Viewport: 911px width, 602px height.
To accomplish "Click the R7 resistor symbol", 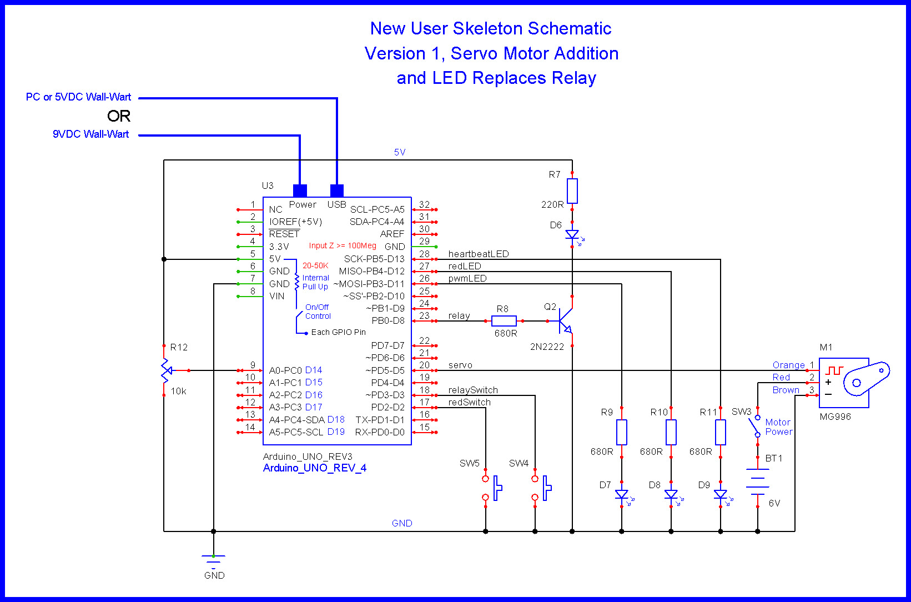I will tap(572, 191).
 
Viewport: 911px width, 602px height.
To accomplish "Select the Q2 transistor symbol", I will tap(565, 321).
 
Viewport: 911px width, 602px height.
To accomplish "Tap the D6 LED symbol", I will tap(572, 235).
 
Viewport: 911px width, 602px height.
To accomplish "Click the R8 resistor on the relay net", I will tap(504, 321).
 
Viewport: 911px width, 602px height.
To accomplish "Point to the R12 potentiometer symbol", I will tap(165, 370).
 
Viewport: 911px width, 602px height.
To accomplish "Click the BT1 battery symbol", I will tap(758, 481).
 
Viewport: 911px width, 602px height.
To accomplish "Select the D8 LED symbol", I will tap(671, 494).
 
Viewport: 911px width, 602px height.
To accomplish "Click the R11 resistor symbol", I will tap(721, 432).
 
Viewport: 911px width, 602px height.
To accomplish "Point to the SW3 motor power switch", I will tap(756, 427).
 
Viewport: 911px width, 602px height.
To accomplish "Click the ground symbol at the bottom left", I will tap(214, 558).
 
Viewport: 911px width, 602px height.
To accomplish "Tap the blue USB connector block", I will tap(337, 190).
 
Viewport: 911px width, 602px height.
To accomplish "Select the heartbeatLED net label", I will tap(479, 254).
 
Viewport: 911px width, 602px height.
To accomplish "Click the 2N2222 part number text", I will tap(547, 347).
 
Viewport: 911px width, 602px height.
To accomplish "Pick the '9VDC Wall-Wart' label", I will tap(91, 134).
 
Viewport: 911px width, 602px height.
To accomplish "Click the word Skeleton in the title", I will tap(487, 28).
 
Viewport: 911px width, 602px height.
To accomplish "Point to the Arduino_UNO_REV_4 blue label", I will tap(315, 468).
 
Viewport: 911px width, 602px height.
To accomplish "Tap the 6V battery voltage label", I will tap(774, 503).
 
